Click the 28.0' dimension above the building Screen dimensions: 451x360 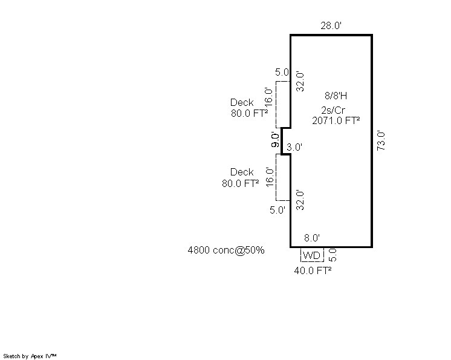[x=331, y=25]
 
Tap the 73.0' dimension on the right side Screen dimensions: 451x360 [x=381, y=141]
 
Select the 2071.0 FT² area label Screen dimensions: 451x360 [x=336, y=120]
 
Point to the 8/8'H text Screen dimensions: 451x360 [x=336, y=96]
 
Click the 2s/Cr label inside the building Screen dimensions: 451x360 [x=333, y=110]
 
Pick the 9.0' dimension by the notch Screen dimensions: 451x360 [x=275, y=140]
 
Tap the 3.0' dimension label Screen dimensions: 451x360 [x=294, y=148]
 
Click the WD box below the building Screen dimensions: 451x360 [x=312, y=255]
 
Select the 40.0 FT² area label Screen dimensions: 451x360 [x=313, y=270]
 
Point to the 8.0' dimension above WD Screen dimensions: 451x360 [x=312, y=238]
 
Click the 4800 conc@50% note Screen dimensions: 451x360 [x=225, y=250]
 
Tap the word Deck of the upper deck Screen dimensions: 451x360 [x=242, y=102]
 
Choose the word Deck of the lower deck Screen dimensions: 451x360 [x=242, y=172]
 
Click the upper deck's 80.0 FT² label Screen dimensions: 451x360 [x=249, y=113]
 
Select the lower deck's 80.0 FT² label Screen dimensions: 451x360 [x=240, y=183]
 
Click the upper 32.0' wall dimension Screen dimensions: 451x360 [x=300, y=82]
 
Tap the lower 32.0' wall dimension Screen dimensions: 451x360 [x=300, y=200]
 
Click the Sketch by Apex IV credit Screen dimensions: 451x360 [x=30, y=356]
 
